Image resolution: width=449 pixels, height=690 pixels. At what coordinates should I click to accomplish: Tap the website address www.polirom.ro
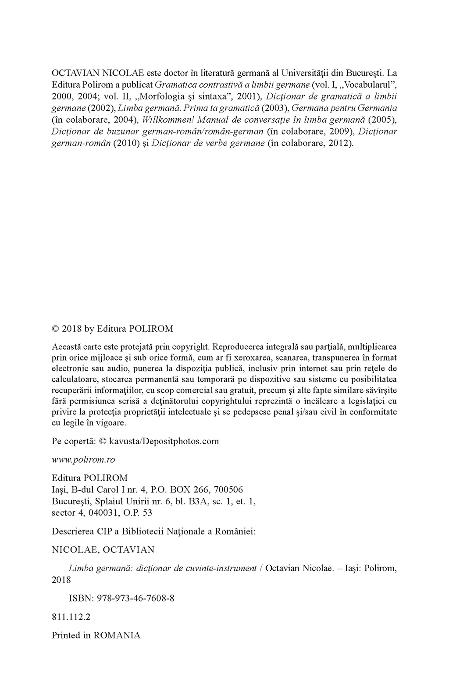(83, 460)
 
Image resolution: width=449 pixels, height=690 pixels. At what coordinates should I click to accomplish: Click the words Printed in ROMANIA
(96, 635)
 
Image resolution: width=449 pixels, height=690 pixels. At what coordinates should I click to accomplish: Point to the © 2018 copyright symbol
(55, 329)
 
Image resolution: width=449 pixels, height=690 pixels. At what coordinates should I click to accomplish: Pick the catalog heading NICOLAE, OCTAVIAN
(103, 549)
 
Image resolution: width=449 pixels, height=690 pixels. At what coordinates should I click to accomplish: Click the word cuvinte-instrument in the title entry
(224, 568)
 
